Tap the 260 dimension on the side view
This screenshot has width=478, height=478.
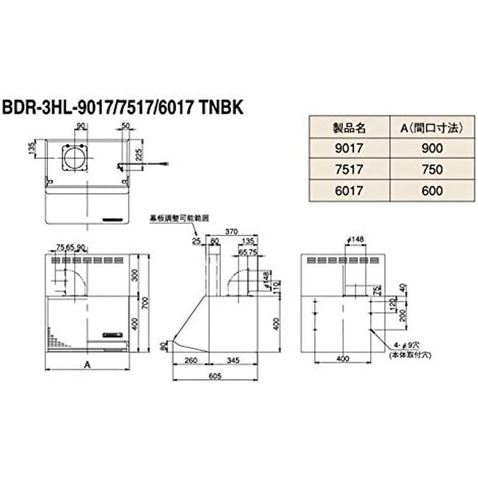[x=190, y=360]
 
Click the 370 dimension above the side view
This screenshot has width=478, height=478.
[x=232, y=231]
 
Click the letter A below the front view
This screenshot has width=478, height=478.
[x=88, y=364]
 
